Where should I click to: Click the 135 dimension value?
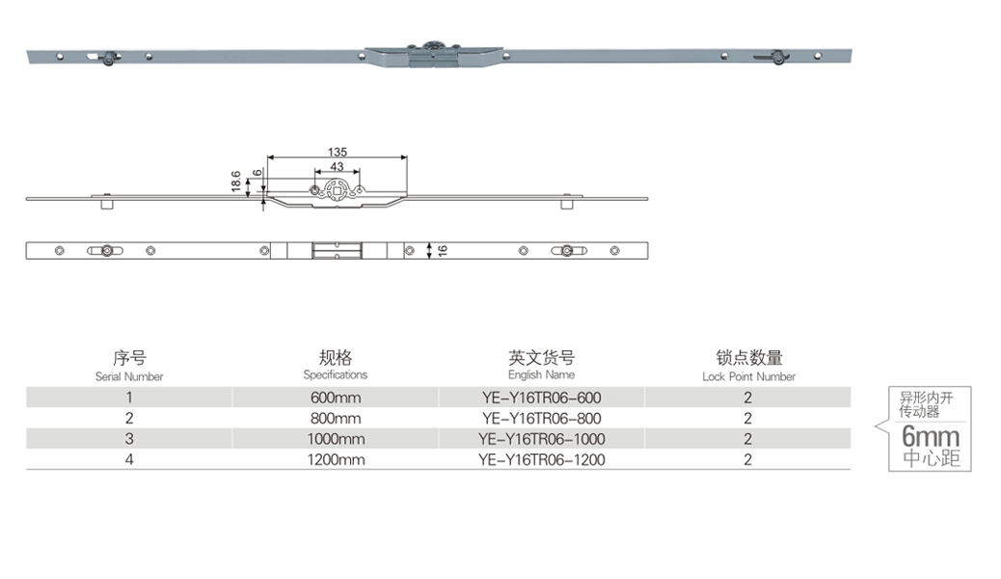click(338, 152)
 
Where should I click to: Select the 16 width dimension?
click(443, 251)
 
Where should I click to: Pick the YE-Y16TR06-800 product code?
click(541, 419)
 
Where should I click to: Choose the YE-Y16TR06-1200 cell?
click(541, 460)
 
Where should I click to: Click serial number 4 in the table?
click(129, 460)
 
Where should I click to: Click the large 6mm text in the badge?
click(931, 434)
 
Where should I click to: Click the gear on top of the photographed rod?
click(434, 45)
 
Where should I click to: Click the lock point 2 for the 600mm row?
click(748, 398)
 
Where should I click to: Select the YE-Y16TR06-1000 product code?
click(541, 439)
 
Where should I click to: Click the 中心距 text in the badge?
click(931, 458)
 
